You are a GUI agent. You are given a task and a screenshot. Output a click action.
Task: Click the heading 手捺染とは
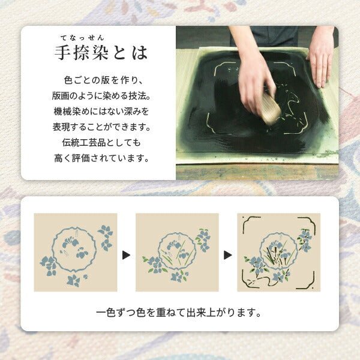[x=100, y=53]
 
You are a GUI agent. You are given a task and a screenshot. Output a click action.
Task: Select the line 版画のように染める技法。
[x=100, y=96]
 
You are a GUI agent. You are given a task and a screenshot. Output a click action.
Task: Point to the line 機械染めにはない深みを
[x=100, y=112]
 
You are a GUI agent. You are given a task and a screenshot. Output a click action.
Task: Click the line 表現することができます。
[x=100, y=127]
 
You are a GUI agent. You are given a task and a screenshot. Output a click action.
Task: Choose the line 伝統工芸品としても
[x=100, y=143]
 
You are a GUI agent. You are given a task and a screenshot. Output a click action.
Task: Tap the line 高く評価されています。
[x=100, y=159]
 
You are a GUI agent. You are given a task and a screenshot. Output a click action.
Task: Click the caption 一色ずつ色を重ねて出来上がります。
[x=179, y=313]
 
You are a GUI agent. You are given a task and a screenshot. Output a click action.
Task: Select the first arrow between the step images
[x=126, y=255]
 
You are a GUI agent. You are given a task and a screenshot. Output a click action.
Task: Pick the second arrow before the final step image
[x=227, y=255]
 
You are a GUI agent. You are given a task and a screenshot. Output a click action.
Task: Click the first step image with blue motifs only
[x=75, y=252]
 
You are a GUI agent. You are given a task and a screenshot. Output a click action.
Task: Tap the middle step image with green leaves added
[x=177, y=252]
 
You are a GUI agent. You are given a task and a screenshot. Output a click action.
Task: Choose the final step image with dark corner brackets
[x=279, y=252]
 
